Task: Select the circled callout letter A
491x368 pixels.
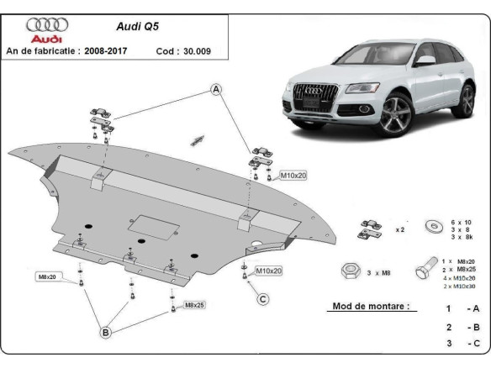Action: coord(216,89)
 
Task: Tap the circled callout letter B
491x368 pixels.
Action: coord(106,334)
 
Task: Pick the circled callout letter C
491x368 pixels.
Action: coord(262,299)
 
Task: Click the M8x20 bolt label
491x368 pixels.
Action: coord(47,276)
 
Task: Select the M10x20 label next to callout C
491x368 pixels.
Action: coord(269,271)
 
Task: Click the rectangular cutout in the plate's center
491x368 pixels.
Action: coord(156,226)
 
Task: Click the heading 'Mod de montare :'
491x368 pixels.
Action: coord(371,308)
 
